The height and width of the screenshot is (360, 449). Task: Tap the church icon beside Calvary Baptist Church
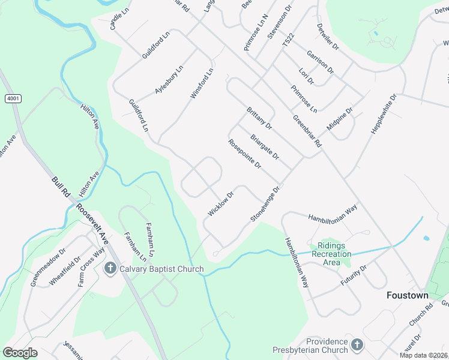click(x=110, y=268)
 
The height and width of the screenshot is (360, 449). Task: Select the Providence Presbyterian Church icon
click(x=357, y=344)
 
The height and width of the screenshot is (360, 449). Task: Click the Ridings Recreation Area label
click(x=331, y=254)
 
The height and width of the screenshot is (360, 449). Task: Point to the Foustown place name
click(x=407, y=296)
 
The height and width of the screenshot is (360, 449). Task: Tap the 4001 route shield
click(x=12, y=98)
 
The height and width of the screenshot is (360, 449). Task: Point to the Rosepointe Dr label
click(x=244, y=154)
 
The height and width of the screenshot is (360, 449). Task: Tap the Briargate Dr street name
click(x=265, y=147)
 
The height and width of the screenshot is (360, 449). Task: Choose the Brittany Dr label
click(x=259, y=118)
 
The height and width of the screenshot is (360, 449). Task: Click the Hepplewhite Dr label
click(x=385, y=113)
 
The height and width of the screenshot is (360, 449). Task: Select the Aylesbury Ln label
click(x=169, y=79)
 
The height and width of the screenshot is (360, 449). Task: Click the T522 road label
click(x=289, y=41)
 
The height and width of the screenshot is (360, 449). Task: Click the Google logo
click(x=20, y=353)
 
